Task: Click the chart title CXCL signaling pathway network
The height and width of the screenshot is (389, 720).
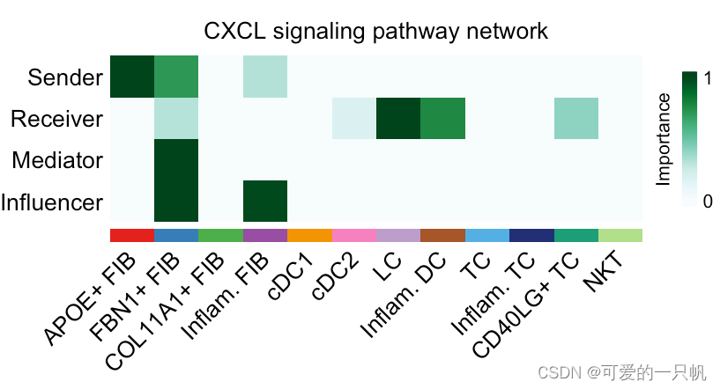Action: (x=376, y=32)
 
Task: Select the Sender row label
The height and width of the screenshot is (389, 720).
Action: (x=65, y=77)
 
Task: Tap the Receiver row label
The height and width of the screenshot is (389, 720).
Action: (x=57, y=119)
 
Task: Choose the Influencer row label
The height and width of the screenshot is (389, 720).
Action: (x=52, y=203)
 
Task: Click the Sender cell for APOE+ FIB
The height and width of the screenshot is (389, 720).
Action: (x=132, y=77)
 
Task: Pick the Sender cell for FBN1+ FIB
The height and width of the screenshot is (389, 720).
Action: (x=176, y=77)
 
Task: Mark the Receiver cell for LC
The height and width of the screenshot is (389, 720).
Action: (x=398, y=119)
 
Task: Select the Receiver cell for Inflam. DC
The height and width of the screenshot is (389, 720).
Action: (x=442, y=119)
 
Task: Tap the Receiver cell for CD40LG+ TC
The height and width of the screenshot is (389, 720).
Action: (x=575, y=119)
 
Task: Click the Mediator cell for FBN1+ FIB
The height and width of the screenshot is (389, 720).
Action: (x=176, y=161)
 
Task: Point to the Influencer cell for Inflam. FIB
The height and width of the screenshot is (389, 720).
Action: (x=265, y=203)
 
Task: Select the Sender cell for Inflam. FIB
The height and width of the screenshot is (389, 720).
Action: (x=265, y=77)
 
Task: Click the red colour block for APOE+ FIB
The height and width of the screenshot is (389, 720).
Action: (x=132, y=235)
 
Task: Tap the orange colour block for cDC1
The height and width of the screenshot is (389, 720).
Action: (x=309, y=235)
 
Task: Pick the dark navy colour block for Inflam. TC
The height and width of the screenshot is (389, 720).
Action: (x=531, y=235)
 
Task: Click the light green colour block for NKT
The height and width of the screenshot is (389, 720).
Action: (x=620, y=235)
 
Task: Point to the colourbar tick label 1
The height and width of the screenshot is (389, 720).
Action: (x=708, y=77)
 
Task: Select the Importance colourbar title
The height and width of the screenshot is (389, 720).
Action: (x=664, y=139)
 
